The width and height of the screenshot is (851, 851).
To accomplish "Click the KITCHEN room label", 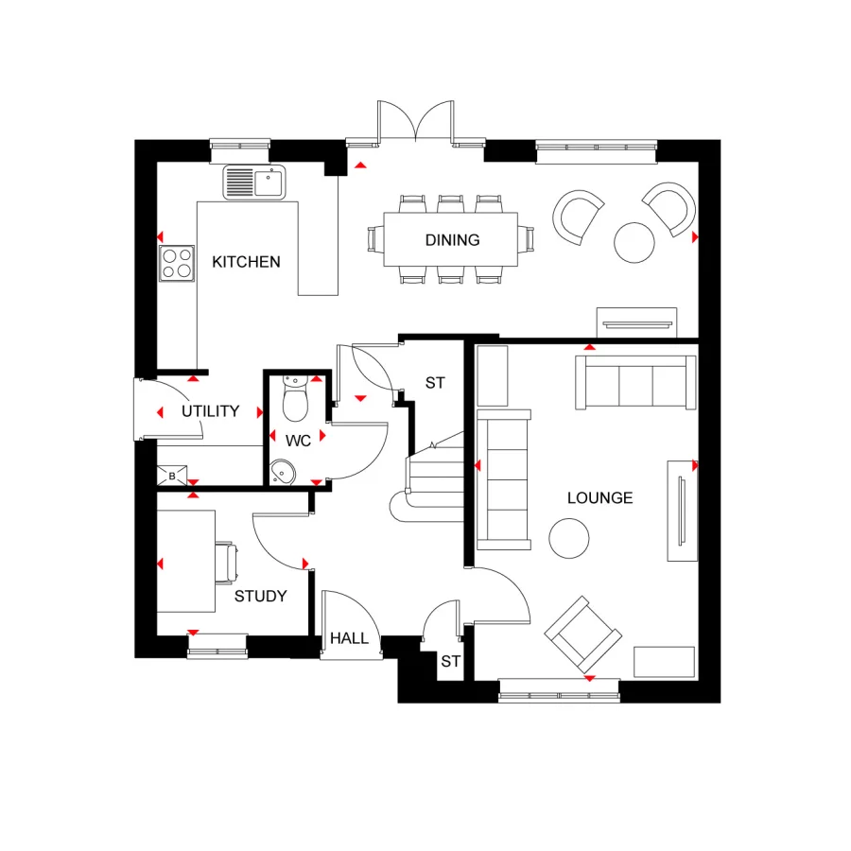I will pyautogui.click(x=246, y=262).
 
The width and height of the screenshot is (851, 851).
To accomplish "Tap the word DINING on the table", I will pyautogui.click(x=452, y=240).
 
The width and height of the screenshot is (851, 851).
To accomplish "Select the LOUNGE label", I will pyautogui.click(x=599, y=497).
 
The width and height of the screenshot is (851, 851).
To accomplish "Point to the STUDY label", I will pyautogui.click(x=260, y=596).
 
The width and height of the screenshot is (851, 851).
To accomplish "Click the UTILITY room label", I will pyautogui.click(x=210, y=411).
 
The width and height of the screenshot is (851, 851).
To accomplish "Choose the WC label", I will pyautogui.click(x=299, y=440).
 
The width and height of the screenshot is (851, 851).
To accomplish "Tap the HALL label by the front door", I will pyautogui.click(x=349, y=639).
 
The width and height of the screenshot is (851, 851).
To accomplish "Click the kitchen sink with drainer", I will pyautogui.click(x=254, y=182).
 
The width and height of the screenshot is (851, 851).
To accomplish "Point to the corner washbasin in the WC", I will pyautogui.click(x=282, y=472).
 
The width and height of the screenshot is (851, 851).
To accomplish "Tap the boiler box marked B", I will pyautogui.click(x=172, y=476).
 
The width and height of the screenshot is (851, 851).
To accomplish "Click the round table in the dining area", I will pyautogui.click(x=634, y=242).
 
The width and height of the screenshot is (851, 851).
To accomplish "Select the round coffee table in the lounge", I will pyautogui.click(x=569, y=539).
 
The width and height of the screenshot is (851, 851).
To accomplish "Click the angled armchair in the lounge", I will pyautogui.click(x=583, y=634).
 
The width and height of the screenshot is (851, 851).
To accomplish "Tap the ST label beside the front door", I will pyautogui.click(x=450, y=662).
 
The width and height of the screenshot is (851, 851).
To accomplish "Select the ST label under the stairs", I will pyautogui.click(x=434, y=383).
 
